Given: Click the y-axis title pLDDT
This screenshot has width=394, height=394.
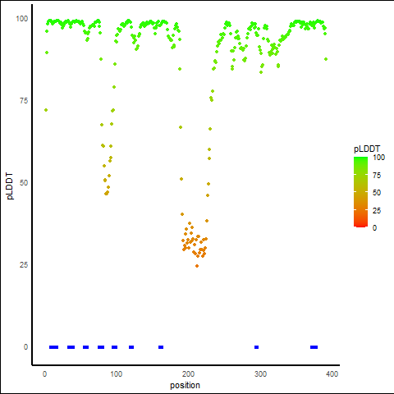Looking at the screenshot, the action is click(10, 186).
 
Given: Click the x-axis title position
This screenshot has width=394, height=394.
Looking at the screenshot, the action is click(185, 385).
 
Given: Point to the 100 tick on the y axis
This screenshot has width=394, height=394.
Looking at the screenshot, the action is click(22, 19).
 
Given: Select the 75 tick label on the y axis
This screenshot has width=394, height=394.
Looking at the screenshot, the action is click(24, 101).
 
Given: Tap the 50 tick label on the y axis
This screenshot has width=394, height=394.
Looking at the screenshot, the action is click(24, 183).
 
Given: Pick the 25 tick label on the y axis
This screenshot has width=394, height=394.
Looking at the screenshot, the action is click(24, 265).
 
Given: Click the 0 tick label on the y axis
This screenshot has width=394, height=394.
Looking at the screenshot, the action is click(25, 347).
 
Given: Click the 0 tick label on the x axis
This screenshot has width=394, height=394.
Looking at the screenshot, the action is click(44, 373).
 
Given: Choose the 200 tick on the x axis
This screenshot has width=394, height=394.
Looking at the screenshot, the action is click(188, 373).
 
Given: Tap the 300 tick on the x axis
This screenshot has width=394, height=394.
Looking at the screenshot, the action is click(260, 373).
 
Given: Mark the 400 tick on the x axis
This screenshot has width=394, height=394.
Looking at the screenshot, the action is click(332, 373).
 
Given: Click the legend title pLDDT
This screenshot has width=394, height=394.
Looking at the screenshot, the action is click(367, 149).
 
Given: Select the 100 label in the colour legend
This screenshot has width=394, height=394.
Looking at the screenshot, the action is click(379, 158).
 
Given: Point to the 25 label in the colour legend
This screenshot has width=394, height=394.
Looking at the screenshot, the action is click(377, 210).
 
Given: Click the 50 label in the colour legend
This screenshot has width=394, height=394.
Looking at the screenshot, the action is click(377, 193).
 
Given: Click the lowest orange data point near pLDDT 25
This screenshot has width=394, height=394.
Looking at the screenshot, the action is click(197, 266).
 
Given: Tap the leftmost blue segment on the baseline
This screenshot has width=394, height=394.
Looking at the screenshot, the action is click(53, 347).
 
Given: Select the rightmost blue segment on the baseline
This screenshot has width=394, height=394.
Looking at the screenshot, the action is click(314, 347).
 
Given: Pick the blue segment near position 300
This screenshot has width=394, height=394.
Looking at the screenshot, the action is click(256, 347).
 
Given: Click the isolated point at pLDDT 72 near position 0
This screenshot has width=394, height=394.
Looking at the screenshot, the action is click(46, 110).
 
